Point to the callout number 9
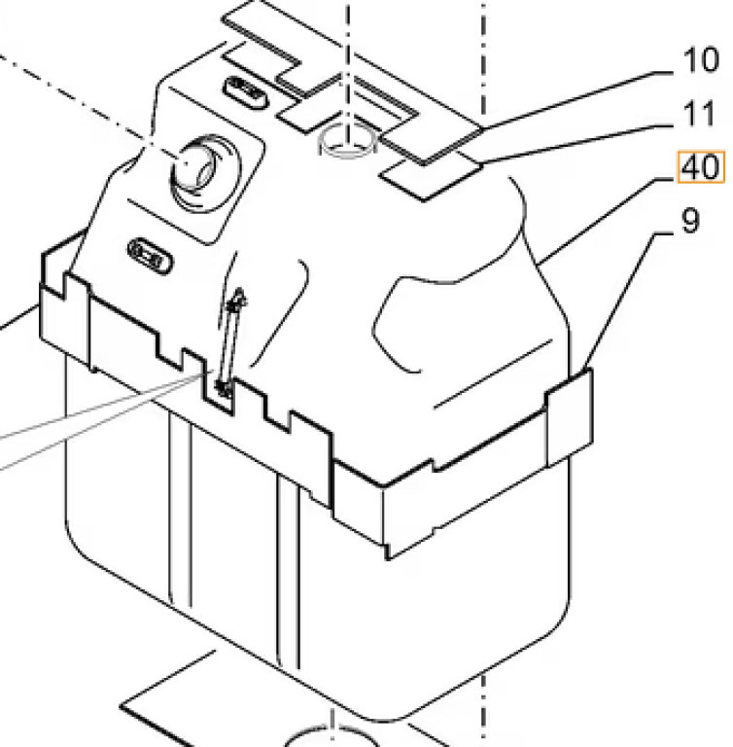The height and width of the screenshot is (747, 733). [688, 222]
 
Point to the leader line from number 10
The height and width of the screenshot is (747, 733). [574, 96]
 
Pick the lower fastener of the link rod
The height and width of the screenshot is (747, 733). [223, 389]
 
